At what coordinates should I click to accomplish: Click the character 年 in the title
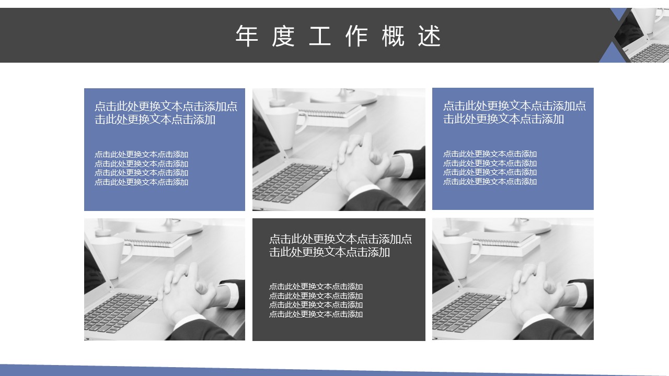point(247,36)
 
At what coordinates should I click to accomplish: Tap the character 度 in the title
point(283,36)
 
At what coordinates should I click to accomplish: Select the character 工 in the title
point(319,36)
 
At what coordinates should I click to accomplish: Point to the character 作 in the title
point(356,36)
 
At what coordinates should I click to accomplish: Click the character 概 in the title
point(393,36)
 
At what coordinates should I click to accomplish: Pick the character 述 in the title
point(430,36)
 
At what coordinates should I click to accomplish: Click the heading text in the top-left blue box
point(166,113)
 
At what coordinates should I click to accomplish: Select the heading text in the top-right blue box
point(515,112)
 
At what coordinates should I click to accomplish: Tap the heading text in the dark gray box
point(340,245)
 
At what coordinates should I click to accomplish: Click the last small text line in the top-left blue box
point(141,182)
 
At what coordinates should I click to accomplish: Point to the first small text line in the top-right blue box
point(490,154)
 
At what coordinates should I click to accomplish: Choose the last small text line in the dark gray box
point(316,314)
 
